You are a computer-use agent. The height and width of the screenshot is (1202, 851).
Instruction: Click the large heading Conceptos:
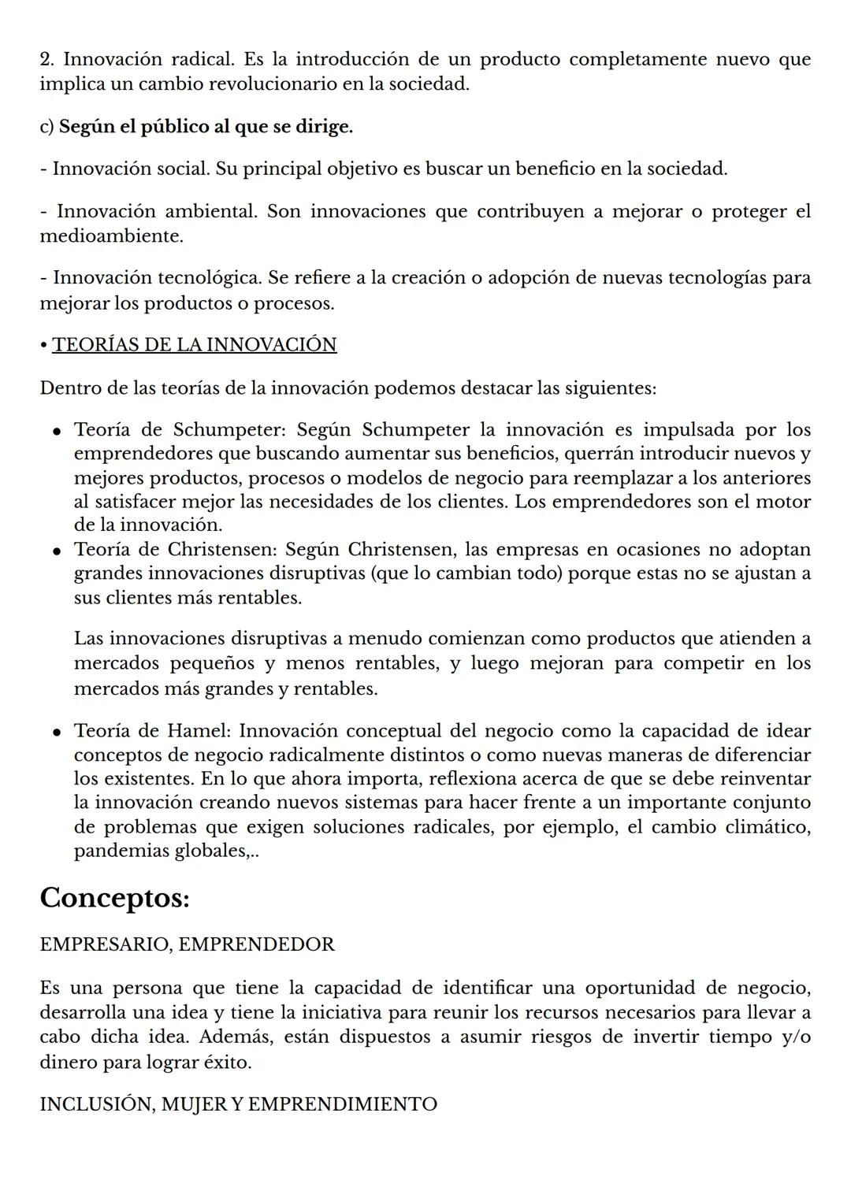point(114,898)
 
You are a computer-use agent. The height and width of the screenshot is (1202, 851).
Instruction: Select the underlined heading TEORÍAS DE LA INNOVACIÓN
point(194,345)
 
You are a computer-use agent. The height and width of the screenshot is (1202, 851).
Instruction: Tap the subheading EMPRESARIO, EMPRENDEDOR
point(187,944)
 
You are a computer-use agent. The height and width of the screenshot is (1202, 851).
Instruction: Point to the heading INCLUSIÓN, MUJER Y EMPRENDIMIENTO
point(238,1104)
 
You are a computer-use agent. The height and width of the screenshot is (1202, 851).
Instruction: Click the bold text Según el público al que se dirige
point(206,127)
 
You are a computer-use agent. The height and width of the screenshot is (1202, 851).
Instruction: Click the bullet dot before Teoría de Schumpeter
point(58,432)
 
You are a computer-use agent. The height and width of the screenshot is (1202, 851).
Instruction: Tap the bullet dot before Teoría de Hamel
point(58,733)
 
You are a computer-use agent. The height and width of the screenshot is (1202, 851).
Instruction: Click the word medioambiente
point(111,236)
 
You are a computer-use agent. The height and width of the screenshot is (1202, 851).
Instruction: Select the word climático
point(775,827)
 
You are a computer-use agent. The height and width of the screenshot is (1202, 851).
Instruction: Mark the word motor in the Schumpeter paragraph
point(783,502)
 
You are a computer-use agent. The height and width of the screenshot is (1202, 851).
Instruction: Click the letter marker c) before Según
point(46,127)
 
